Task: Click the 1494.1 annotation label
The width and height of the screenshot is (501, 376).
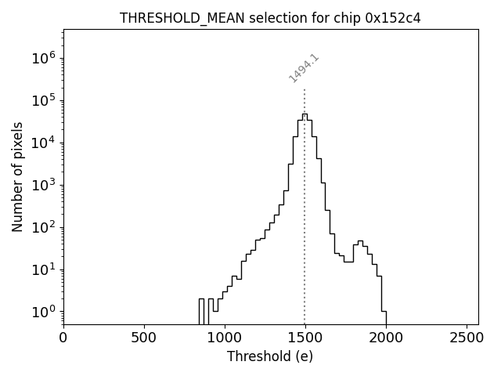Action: [304, 69]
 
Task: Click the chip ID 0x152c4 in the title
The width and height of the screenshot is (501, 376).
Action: [393, 18]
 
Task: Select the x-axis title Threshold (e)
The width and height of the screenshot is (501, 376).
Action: [270, 356]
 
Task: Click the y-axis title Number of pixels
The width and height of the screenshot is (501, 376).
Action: [17, 176]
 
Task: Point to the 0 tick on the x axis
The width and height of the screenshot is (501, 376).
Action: [63, 338]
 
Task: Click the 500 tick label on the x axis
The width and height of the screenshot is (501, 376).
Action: [144, 338]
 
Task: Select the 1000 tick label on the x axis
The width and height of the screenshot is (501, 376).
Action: [225, 338]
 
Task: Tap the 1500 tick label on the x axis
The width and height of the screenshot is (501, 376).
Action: [305, 338]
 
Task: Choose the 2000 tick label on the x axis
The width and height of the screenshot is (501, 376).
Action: [385, 338]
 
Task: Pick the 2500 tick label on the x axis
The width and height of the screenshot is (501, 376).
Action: [466, 338]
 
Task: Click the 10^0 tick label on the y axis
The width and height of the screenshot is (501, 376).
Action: [45, 312]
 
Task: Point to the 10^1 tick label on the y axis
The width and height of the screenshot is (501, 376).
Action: [45, 269]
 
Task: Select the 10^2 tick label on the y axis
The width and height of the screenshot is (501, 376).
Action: [45, 227]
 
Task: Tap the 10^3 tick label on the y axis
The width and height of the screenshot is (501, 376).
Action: [45, 185]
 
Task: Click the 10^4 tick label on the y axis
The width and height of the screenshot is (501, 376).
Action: [45, 143]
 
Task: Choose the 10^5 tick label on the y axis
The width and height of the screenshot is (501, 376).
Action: [45, 100]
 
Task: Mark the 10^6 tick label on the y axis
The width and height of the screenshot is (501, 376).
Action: [45, 58]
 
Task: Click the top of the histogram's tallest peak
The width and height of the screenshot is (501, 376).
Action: [305, 114]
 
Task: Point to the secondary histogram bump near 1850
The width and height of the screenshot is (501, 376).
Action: [360, 241]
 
